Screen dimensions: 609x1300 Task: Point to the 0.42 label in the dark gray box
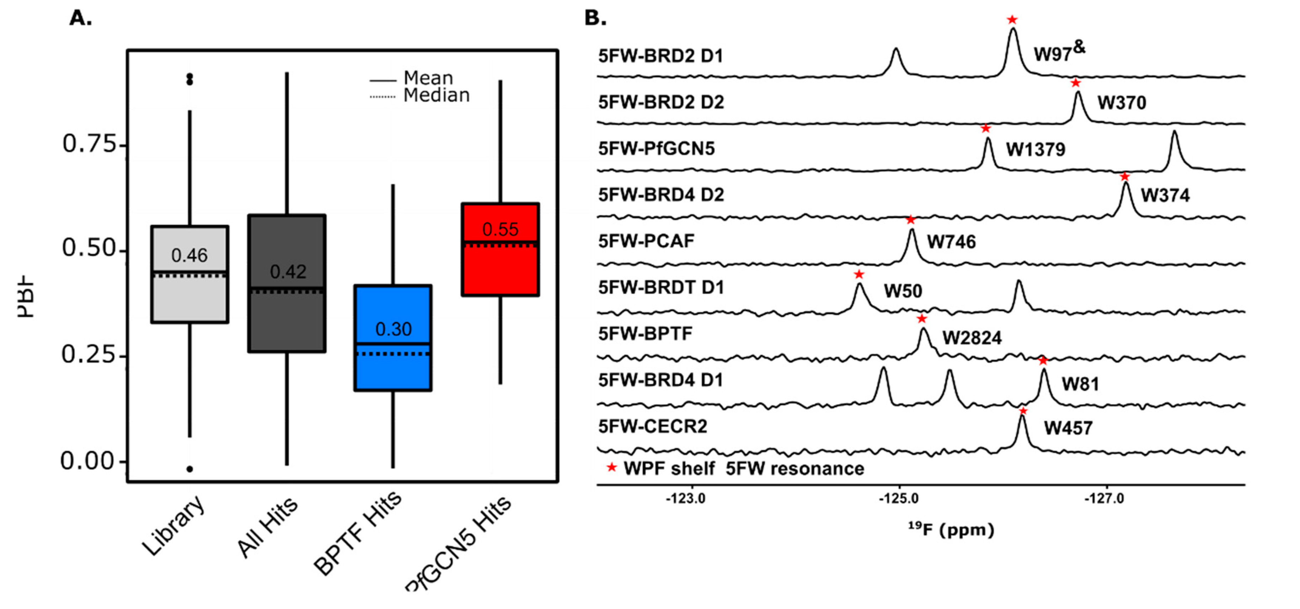point(288,272)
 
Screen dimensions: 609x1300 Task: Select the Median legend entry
point(436,95)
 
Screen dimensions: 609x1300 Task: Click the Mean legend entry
point(428,78)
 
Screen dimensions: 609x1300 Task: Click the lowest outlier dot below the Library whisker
point(190,469)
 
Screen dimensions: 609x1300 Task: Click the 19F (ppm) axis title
point(951,529)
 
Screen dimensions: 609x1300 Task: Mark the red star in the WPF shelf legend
point(612,468)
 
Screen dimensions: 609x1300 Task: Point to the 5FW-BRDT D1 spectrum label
point(660,288)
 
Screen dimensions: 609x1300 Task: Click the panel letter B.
point(595,18)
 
